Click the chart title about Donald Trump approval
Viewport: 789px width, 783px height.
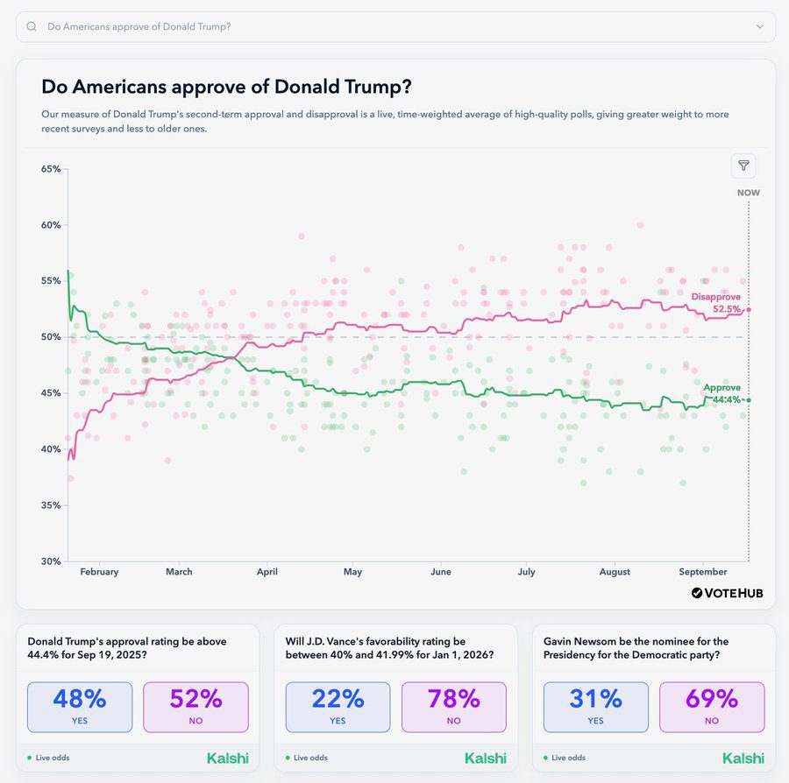click(227, 87)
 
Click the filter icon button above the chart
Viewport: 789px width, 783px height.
click(743, 166)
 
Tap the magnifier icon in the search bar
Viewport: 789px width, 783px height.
click(32, 26)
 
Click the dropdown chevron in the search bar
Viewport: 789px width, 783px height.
click(759, 26)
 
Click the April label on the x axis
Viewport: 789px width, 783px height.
click(267, 572)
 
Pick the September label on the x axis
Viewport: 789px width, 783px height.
click(703, 572)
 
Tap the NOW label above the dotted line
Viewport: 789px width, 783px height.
click(748, 193)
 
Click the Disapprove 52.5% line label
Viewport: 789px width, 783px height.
click(716, 303)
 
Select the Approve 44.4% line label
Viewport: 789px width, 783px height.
click(721, 393)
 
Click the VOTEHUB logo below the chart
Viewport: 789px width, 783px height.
click(727, 593)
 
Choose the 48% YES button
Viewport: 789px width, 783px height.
click(80, 707)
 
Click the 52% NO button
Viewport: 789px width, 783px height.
click(195, 707)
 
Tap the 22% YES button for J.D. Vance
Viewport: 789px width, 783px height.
click(338, 707)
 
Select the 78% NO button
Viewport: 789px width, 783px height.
click(453, 707)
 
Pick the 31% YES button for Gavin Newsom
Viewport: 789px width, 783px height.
click(595, 707)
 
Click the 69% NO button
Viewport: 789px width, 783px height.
click(711, 707)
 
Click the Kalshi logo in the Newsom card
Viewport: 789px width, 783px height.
click(743, 758)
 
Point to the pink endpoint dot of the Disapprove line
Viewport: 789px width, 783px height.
click(749, 309)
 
